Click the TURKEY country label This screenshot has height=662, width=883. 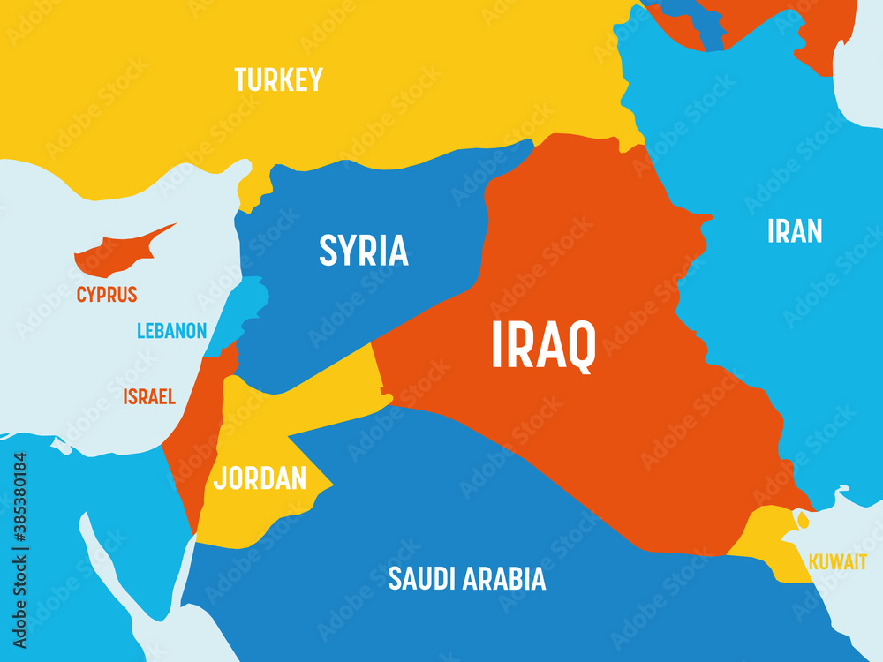click(x=278, y=80)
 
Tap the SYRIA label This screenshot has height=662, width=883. click(x=364, y=252)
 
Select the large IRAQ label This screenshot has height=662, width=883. click(x=543, y=346)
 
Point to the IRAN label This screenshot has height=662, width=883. click(x=795, y=231)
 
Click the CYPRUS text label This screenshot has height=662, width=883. click(x=107, y=294)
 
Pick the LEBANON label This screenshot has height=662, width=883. click(x=171, y=332)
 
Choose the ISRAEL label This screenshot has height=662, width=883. click(x=149, y=397)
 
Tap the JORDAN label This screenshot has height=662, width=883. click(x=260, y=478)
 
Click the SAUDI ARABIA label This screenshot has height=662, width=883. click(x=466, y=579)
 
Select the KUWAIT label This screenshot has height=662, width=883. click(x=837, y=562)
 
